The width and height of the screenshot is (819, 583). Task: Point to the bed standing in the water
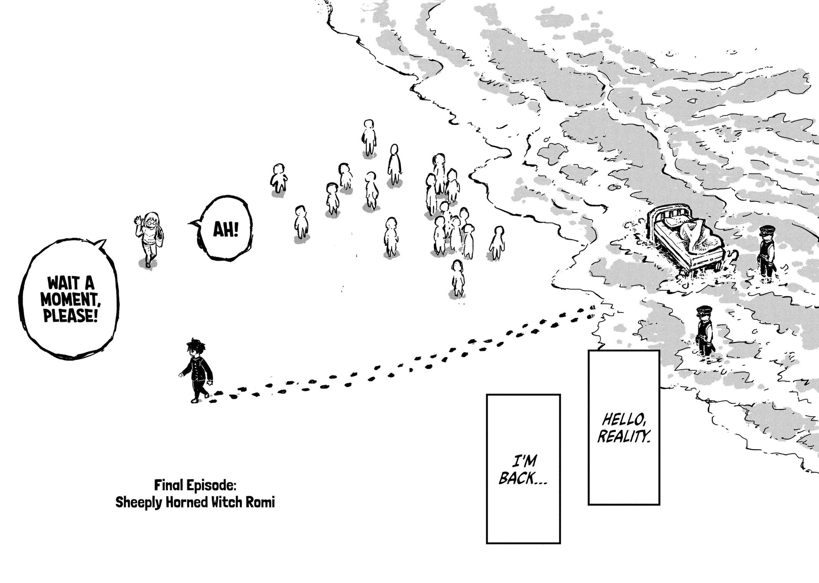pos(687,246)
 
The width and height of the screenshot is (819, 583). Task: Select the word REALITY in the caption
pos(624,436)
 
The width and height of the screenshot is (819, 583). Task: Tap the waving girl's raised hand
pos(137,221)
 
